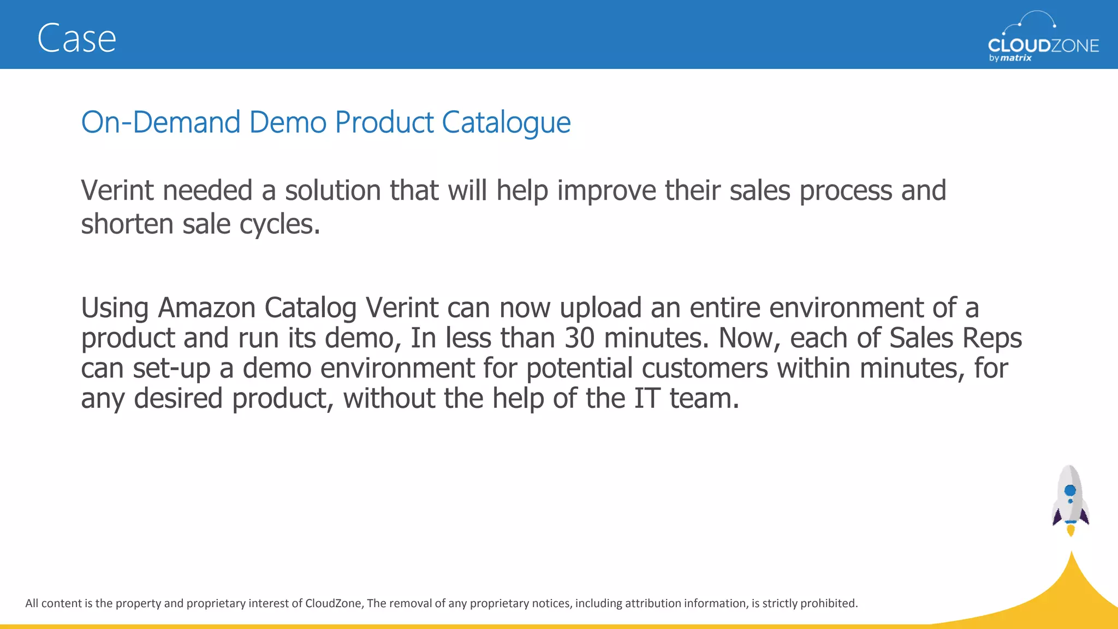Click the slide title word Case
[x=76, y=39]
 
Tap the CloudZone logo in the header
[x=1043, y=38]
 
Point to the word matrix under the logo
[x=1016, y=58]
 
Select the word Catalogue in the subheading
[x=506, y=123]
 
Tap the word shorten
[x=127, y=224]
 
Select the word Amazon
[x=206, y=307]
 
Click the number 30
[x=579, y=338]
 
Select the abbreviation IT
[x=647, y=398]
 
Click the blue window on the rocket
[x=1070, y=490]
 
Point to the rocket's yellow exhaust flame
[x=1071, y=530]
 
